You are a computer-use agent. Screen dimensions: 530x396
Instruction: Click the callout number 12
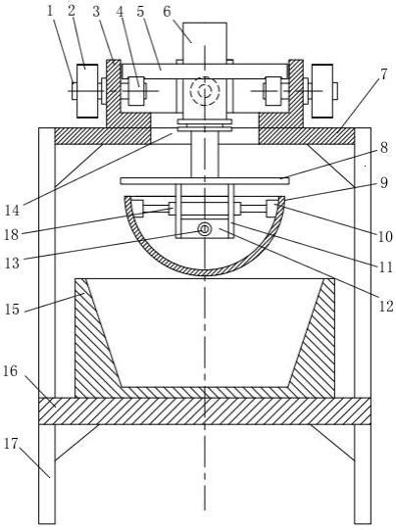385,307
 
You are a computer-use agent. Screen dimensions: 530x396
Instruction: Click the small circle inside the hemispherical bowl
205,229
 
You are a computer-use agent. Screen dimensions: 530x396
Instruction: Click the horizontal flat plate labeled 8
204,180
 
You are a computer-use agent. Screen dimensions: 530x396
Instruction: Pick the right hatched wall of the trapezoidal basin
308,338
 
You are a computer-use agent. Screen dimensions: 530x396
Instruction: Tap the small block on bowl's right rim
272,208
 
